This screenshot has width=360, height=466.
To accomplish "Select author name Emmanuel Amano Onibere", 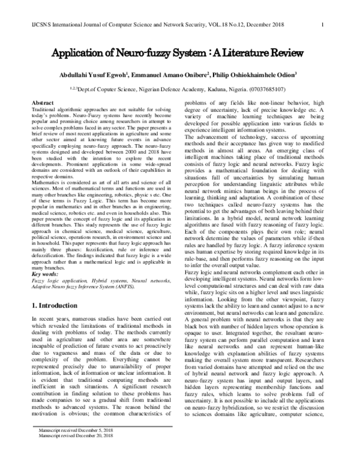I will coord(175,77).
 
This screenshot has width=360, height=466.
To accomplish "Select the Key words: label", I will coord(46,274).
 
